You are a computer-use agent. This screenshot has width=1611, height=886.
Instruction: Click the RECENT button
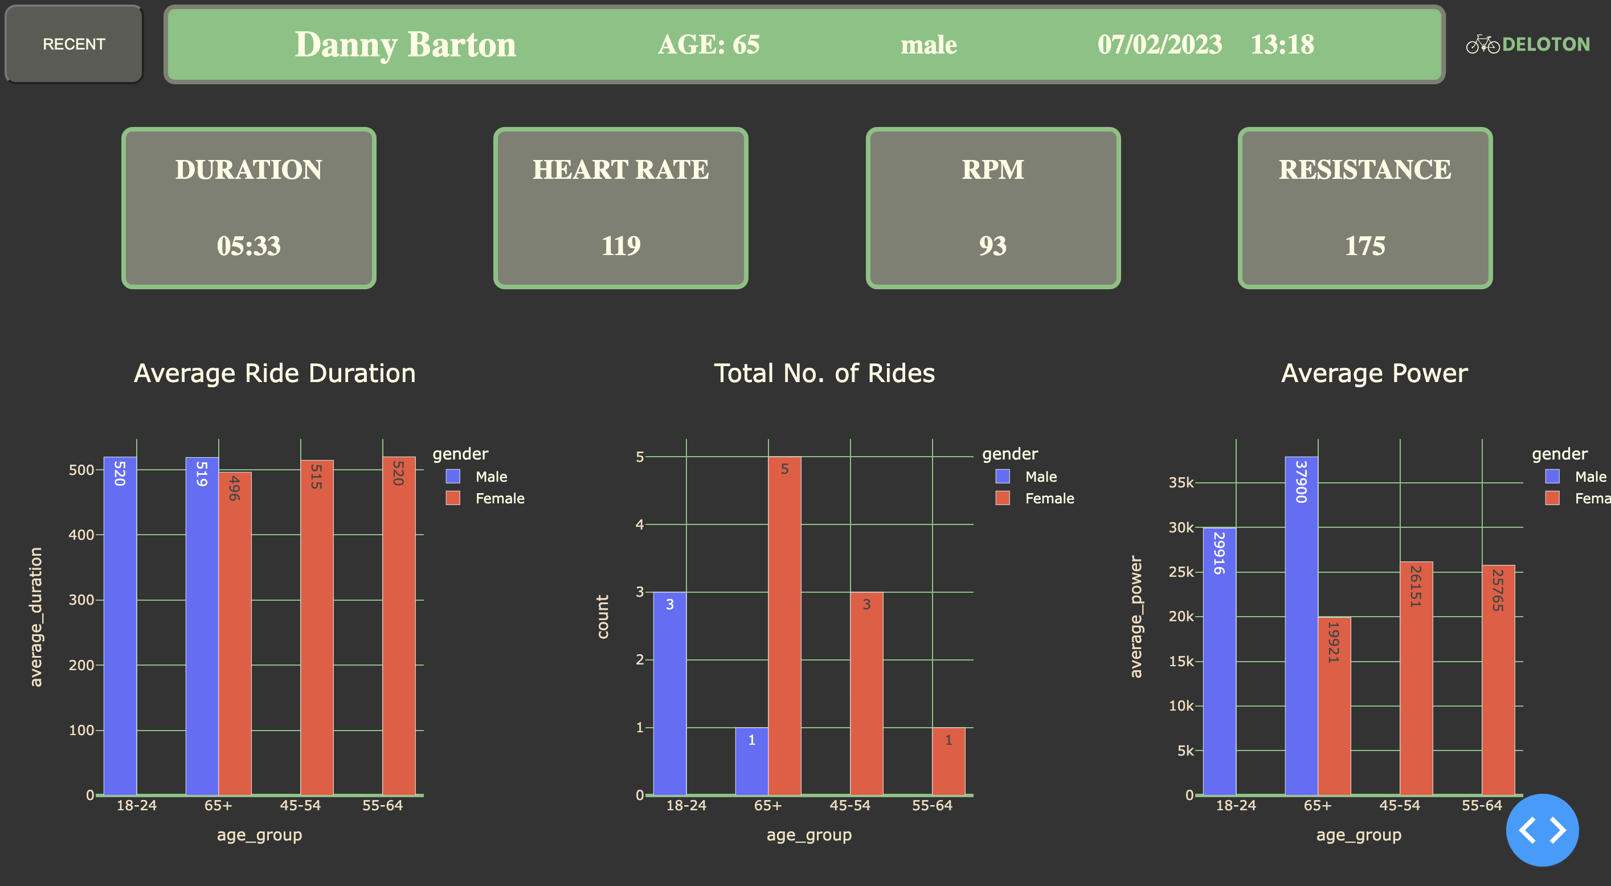pyautogui.click(x=74, y=44)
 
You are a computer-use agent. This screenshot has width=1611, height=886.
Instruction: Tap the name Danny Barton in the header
pyautogui.click(x=405, y=44)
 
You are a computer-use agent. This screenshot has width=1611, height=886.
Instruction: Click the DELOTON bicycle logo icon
pyautogui.click(x=1482, y=44)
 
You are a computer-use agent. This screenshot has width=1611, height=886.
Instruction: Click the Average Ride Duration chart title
pyautogui.click(x=275, y=374)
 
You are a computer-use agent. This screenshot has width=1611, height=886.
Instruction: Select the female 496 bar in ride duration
pyautogui.click(x=235, y=631)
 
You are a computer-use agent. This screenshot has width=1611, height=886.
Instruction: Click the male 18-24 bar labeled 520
pyautogui.click(x=120, y=625)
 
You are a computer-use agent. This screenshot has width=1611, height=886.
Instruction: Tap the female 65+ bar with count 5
pyautogui.click(x=784, y=625)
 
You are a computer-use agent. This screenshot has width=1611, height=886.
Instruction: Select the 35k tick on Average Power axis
pyautogui.click(x=1181, y=483)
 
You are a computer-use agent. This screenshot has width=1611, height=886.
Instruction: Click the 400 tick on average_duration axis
pyautogui.click(x=81, y=535)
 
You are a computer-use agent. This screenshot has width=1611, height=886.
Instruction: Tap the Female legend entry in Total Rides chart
pyautogui.click(x=1049, y=498)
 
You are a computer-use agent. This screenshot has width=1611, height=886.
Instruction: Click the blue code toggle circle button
pyautogui.click(x=1542, y=830)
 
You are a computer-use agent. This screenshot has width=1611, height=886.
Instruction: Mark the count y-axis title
pyautogui.click(x=603, y=617)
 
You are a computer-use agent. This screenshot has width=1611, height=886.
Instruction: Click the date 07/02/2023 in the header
pyautogui.click(x=1159, y=44)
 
